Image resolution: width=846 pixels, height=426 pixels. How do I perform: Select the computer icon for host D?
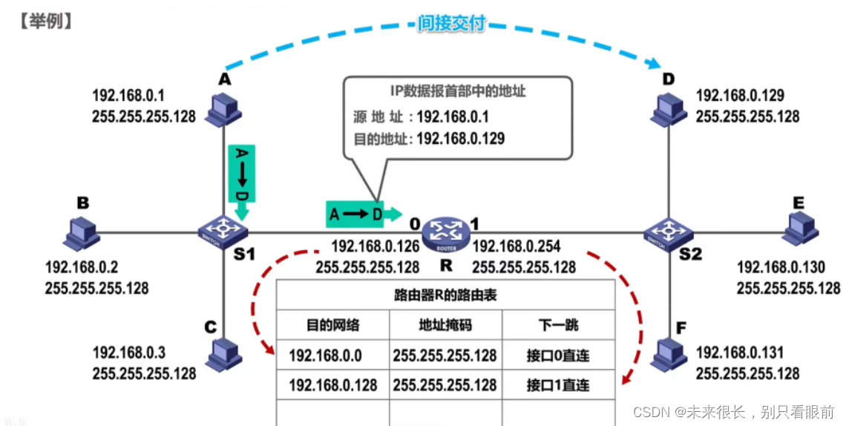(x=669, y=110)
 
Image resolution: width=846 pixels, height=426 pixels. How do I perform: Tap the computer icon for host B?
(x=81, y=233)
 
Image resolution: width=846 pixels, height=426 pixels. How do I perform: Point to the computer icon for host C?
(x=223, y=355)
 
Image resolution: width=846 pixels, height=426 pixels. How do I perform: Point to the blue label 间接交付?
(x=450, y=24)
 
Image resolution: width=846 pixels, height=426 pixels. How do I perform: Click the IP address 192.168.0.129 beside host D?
(x=740, y=96)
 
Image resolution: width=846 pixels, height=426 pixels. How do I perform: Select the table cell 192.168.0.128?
(x=332, y=385)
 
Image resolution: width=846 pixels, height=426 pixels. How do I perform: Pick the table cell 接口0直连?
(x=557, y=355)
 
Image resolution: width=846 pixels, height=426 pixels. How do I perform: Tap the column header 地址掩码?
(x=445, y=324)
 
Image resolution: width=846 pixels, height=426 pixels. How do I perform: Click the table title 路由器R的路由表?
(x=445, y=295)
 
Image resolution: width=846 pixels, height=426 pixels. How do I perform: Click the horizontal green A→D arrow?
(x=361, y=214)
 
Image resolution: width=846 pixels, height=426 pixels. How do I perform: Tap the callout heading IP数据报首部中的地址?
(x=458, y=92)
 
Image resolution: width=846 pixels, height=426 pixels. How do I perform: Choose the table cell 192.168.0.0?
(x=325, y=355)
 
